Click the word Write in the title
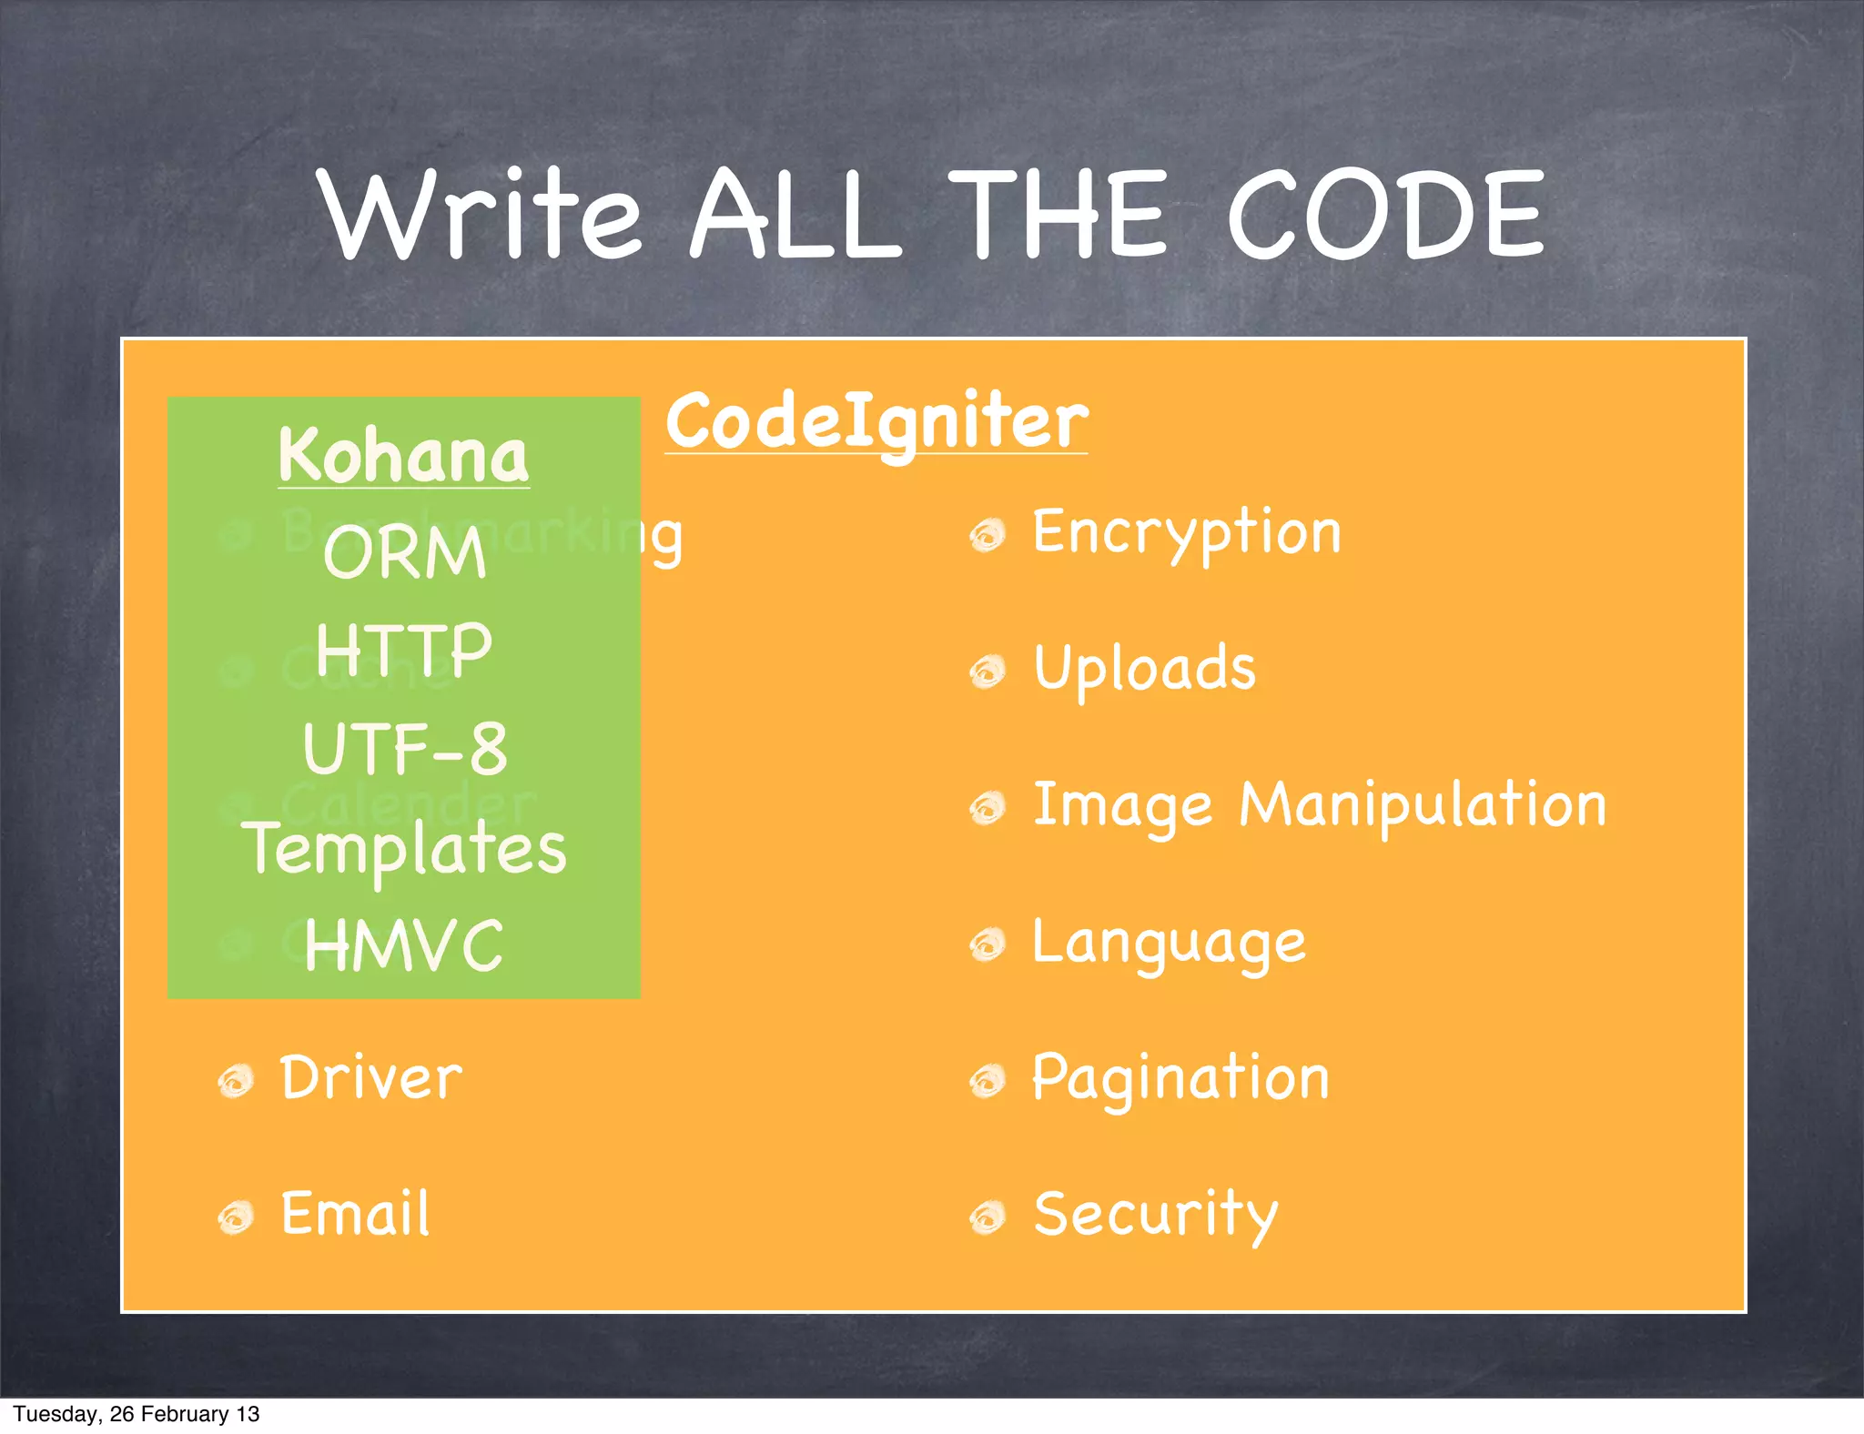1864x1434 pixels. pos(482,216)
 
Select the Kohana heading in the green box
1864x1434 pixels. pos(403,455)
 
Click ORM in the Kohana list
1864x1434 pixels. pos(404,553)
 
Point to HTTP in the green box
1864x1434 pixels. pos(404,650)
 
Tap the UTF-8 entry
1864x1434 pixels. pos(404,749)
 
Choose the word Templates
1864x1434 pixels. pos(404,848)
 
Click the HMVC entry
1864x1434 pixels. pos(404,946)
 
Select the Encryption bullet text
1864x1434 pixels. pos(1186,533)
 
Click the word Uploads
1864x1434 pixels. pos(1144,669)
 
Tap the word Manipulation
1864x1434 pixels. pos(1423,806)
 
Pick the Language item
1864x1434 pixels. pos(1169,943)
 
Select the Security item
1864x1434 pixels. pos(1156,1216)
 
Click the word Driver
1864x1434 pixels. pos(370,1079)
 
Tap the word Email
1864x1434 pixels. pos(355,1214)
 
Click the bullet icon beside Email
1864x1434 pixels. pos(236,1217)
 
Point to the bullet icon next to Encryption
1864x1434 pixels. pos(988,535)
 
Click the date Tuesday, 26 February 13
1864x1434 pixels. pos(137,1414)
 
